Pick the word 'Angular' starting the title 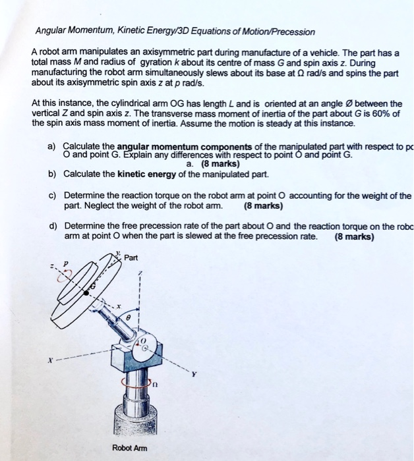pos(47,32)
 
